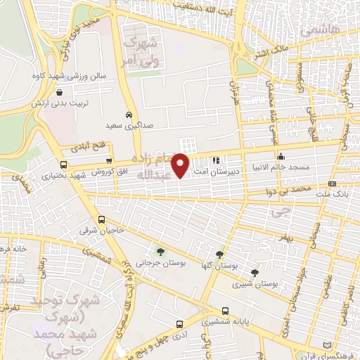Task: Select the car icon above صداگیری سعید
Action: (x=129, y=114)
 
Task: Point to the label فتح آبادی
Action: (x=86, y=148)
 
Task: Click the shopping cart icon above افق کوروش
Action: (x=108, y=160)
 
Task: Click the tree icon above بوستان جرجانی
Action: (x=161, y=252)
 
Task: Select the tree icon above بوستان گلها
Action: (x=220, y=254)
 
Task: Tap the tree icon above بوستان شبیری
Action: (x=255, y=272)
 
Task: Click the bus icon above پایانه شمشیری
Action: (x=225, y=310)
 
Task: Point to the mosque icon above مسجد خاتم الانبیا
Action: (x=281, y=156)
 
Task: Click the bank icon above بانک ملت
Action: (x=333, y=184)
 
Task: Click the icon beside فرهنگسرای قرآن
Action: (x=326, y=344)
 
